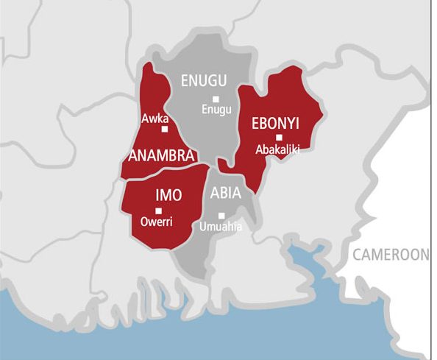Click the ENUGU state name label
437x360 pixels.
click(x=204, y=81)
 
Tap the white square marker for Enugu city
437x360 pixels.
click(x=216, y=99)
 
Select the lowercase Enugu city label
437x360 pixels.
click(x=216, y=110)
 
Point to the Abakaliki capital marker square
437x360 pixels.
click(x=279, y=137)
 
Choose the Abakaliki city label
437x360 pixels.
click(x=279, y=149)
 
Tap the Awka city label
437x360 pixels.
click(x=156, y=118)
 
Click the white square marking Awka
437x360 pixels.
click(x=164, y=129)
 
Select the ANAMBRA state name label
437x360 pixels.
click(x=161, y=156)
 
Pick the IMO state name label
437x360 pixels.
click(x=168, y=195)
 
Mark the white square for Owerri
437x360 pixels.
click(x=158, y=211)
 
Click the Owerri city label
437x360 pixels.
click(x=156, y=222)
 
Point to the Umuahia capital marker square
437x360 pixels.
click(x=221, y=215)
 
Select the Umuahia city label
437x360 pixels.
click(x=220, y=227)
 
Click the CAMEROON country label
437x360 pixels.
click(x=390, y=255)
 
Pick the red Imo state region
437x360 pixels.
click(x=184, y=217)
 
